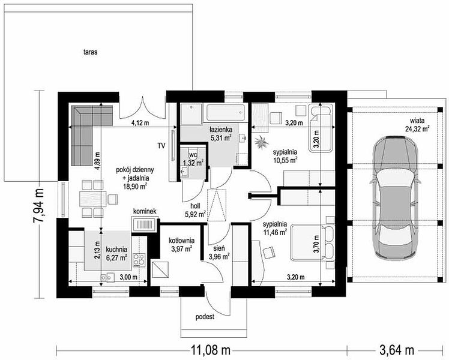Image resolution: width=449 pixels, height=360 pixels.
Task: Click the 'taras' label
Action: pos(91,52)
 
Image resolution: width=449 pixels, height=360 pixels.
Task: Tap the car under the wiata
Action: pos(395,196)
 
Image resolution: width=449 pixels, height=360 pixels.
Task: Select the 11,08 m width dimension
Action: pos(211,349)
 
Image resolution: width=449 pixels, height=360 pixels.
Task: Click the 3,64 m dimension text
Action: pos(397,349)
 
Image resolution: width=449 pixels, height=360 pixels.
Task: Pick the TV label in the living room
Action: pos(161,146)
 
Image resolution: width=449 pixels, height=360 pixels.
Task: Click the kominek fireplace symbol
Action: pos(144,224)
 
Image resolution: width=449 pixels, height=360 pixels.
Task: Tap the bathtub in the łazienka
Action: pos(226,113)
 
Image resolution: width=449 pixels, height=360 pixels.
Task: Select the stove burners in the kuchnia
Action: pos(139,259)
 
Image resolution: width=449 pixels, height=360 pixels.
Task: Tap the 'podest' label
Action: pos(205,317)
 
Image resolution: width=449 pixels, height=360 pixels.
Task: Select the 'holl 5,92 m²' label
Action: pos(195,210)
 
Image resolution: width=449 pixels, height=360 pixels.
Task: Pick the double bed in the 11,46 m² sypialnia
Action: pos(312,243)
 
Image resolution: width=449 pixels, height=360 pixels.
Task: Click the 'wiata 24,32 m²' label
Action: pos(417,124)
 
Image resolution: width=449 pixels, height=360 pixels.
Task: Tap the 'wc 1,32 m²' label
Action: pos(193,160)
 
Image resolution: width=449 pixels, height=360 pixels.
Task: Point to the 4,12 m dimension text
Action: pos(140,124)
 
